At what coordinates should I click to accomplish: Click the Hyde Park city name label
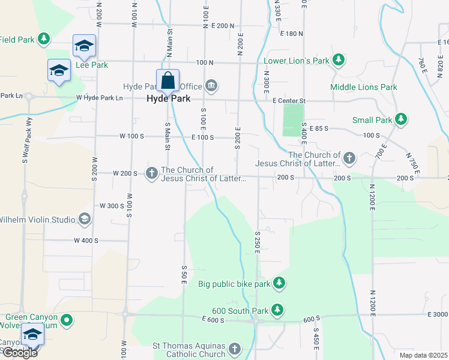pos(169,99)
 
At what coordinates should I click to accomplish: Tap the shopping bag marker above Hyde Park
pos(168,80)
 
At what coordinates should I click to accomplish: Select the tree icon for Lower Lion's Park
pos(339,60)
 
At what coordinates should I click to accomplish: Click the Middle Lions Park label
pos(364,87)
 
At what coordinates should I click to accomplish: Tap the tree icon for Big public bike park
pos(279,282)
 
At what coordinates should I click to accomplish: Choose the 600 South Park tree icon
pos(277,310)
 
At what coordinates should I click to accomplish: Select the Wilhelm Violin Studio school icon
pos(85,219)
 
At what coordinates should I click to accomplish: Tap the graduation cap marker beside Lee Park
pos(84,46)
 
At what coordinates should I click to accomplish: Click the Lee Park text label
pos(92,64)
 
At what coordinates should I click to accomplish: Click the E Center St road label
pos(289,101)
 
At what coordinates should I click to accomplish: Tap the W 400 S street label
pos(86,241)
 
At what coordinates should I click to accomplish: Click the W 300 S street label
pos(111,206)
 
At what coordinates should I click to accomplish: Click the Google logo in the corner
pos(19,352)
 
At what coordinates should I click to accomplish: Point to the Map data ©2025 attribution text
pos(423,355)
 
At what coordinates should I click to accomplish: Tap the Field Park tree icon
pos(43,40)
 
